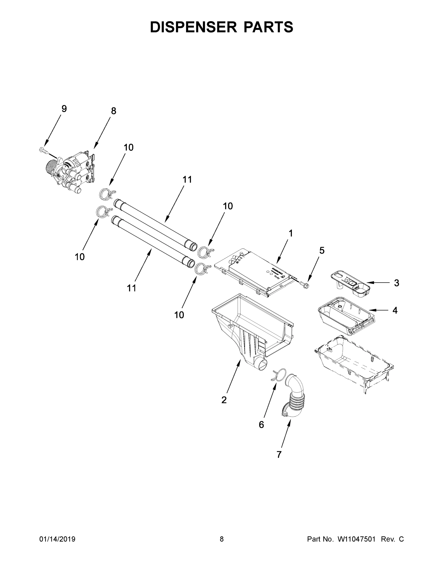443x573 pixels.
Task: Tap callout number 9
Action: [64, 109]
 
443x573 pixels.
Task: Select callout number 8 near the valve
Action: [113, 111]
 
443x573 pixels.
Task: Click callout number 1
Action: [291, 233]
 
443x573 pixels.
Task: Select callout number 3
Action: [396, 283]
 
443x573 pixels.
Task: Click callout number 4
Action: [395, 310]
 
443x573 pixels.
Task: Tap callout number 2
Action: [224, 400]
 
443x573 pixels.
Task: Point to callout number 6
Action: [262, 424]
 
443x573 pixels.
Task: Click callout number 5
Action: [322, 250]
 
